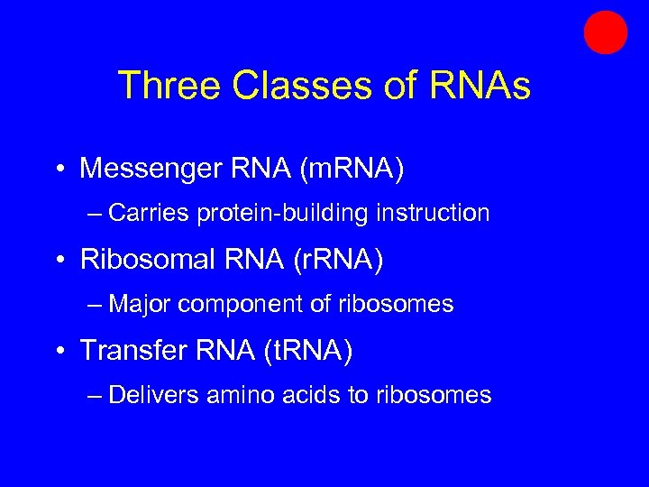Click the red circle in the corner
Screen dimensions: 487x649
click(605, 32)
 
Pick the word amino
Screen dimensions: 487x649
click(236, 395)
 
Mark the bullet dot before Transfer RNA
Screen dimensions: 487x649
click(58, 351)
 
